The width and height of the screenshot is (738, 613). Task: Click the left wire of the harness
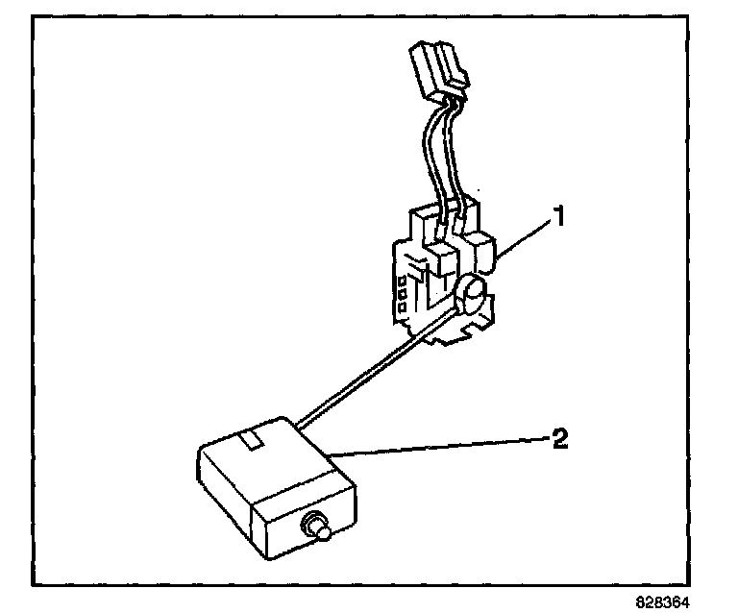point(425,154)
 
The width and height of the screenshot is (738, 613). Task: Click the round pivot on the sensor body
point(472,293)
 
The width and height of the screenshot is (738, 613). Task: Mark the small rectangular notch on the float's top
point(252,441)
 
